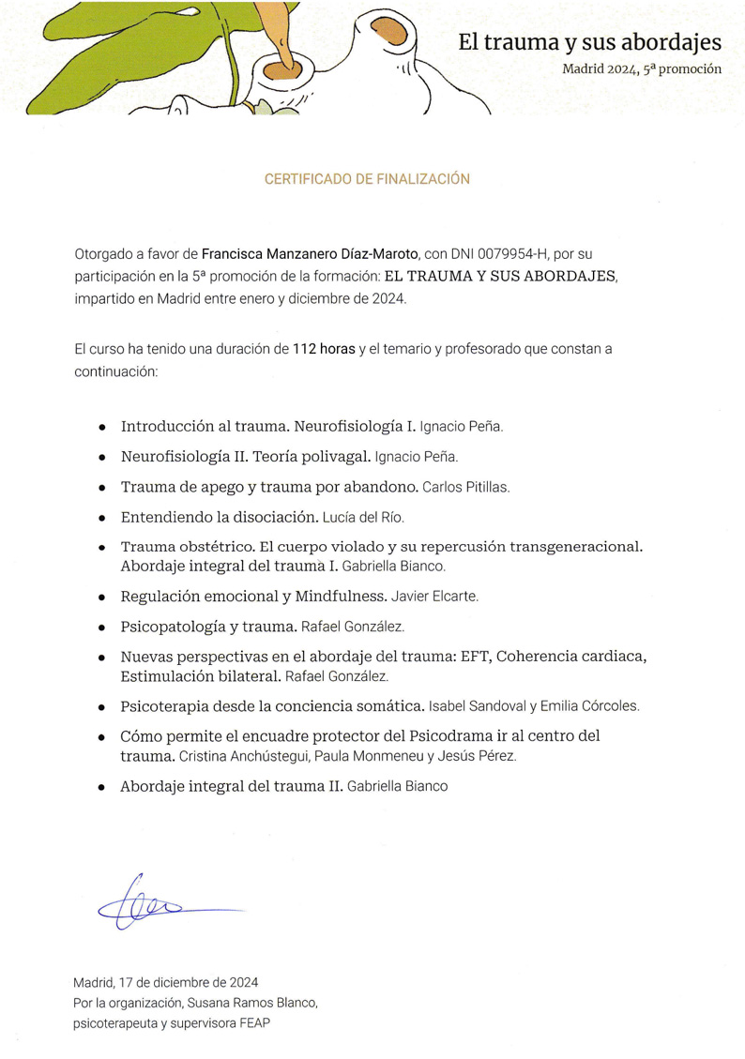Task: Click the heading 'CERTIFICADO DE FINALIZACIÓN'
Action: (x=367, y=179)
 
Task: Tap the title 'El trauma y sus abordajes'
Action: (x=589, y=42)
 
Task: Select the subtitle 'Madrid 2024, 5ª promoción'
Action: (x=642, y=69)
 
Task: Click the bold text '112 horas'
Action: (x=324, y=349)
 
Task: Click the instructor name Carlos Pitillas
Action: (x=466, y=488)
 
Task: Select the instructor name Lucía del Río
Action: (x=363, y=518)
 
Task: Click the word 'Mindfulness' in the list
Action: (x=341, y=596)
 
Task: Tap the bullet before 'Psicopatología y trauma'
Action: (x=101, y=627)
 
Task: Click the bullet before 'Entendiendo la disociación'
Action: (x=101, y=518)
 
